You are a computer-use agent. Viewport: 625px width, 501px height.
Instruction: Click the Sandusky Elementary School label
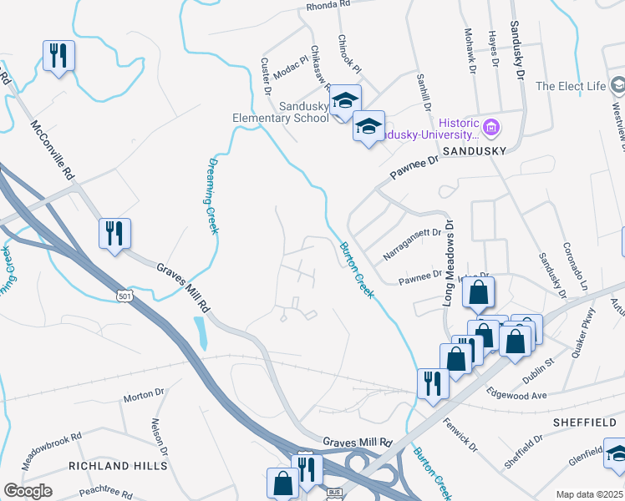point(281,112)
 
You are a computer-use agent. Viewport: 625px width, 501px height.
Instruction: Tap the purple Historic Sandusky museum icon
point(490,128)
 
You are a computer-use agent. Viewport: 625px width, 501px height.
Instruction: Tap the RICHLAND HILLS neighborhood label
point(112,465)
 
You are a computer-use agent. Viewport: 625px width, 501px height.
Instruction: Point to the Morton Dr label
point(144,394)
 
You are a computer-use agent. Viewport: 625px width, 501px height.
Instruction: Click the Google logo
point(28,491)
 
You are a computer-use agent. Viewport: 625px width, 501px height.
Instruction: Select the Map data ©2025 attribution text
point(589,494)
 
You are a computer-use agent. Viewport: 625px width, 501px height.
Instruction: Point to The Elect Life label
point(569,86)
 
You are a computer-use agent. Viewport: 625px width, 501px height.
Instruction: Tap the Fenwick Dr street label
point(460,434)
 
